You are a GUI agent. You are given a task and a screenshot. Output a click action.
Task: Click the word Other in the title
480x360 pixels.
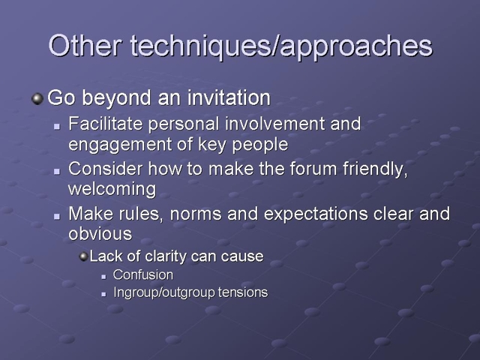click(85, 45)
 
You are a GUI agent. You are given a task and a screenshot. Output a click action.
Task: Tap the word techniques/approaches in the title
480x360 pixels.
click(281, 46)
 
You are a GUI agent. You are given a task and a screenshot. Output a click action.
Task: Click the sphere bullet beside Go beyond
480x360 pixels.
click(37, 98)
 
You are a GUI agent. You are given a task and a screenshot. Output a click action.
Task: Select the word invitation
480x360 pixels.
click(229, 97)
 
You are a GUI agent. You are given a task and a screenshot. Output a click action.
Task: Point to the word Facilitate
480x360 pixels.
click(105, 123)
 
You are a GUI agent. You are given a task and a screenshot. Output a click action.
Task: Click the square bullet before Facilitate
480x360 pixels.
click(57, 126)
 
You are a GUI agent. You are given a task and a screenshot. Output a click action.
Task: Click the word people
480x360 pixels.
click(260, 145)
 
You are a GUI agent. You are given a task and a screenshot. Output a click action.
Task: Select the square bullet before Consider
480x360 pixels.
click(57, 171)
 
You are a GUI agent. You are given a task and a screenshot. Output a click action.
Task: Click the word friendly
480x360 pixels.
click(375, 169)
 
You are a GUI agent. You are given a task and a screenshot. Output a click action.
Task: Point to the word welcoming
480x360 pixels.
click(112, 188)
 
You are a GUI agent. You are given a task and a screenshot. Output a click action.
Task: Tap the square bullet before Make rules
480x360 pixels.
click(57, 216)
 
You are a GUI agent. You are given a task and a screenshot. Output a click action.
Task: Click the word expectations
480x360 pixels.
click(316, 214)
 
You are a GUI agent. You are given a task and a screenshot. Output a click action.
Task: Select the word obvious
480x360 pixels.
click(100, 233)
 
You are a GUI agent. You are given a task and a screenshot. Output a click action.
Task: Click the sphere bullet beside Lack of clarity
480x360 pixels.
click(83, 256)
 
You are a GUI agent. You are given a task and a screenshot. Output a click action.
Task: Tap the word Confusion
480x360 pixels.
click(143, 274)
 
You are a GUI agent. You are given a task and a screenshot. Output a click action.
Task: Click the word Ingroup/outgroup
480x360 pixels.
click(163, 292)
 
